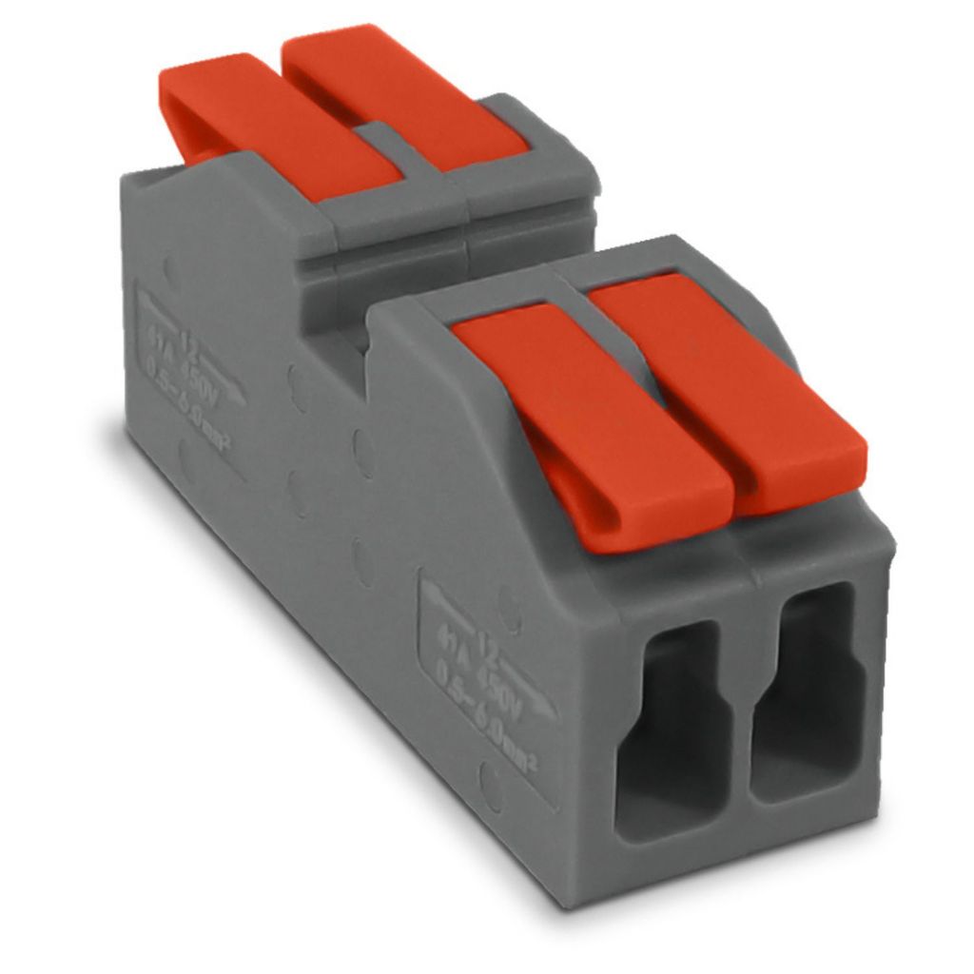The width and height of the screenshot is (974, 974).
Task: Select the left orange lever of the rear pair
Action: click(x=276, y=124)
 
